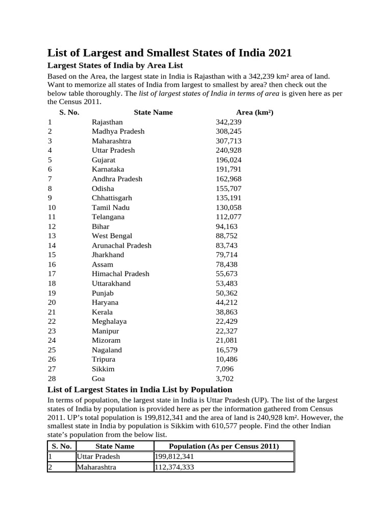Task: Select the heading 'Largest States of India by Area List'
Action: point(115,65)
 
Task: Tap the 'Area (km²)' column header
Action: point(255,112)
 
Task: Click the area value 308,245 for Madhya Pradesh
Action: point(229,131)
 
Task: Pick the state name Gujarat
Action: point(104,160)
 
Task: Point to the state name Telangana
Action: point(108,217)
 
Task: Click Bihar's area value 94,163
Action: point(227,226)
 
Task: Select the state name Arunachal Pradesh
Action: point(121,245)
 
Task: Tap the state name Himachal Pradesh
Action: point(120,274)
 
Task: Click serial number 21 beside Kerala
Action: point(52,312)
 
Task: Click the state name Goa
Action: point(99,379)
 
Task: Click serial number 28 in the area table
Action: point(52,379)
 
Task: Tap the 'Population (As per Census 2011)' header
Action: point(224,446)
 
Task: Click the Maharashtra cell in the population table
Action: point(96,467)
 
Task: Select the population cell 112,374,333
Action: point(175,467)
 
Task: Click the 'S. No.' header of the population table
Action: point(61,446)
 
